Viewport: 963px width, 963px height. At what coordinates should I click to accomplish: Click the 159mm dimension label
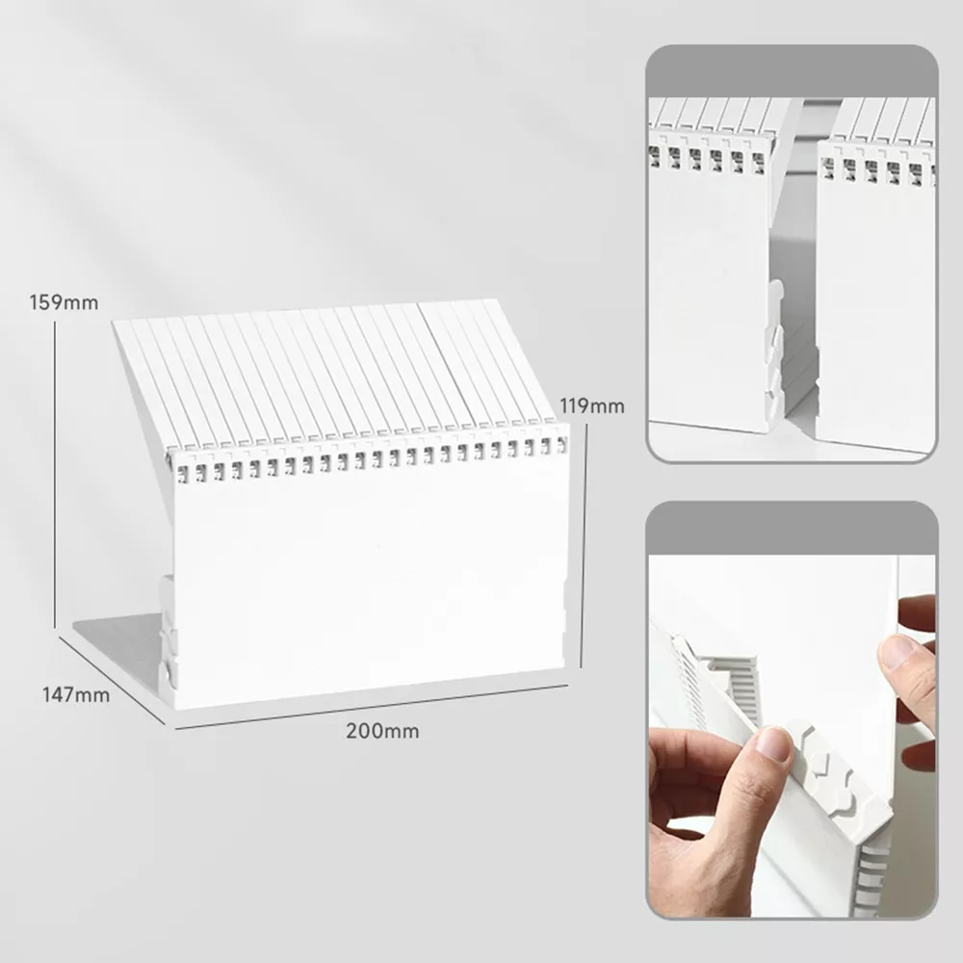coord(64,302)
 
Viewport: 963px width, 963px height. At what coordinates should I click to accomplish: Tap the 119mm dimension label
coord(591,406)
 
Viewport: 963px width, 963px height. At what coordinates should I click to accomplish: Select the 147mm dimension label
coord(75,694)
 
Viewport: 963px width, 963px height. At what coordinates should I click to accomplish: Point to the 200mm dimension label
coord(382,731)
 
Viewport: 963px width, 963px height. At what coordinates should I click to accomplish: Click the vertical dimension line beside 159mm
coord(55,474)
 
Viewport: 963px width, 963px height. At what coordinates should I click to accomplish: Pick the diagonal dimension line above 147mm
coord(113,680)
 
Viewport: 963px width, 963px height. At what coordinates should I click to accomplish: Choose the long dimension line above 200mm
coord(371,707)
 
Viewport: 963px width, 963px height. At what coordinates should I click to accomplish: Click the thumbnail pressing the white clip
coord(769,743)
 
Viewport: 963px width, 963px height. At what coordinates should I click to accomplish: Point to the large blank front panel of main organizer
coord(369,589)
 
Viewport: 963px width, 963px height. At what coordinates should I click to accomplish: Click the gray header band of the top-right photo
coord(793,71)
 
